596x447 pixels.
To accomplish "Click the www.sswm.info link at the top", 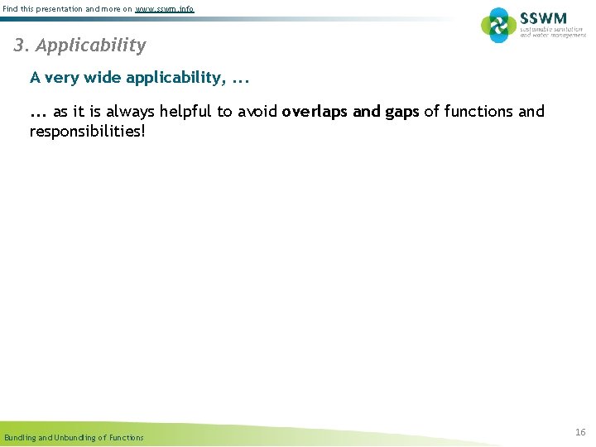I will [x=165, y=8].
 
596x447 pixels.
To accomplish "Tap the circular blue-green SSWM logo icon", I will [x=498, y=25].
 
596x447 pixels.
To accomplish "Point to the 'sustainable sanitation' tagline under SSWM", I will [x=552, y=30].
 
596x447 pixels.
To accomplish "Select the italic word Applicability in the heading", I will [x=91, y=46].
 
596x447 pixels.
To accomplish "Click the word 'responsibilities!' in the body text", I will [x=87, y=131].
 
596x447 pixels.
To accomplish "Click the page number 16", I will [x=580, y=432].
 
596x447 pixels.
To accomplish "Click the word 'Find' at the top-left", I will [x=12, y=8].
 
